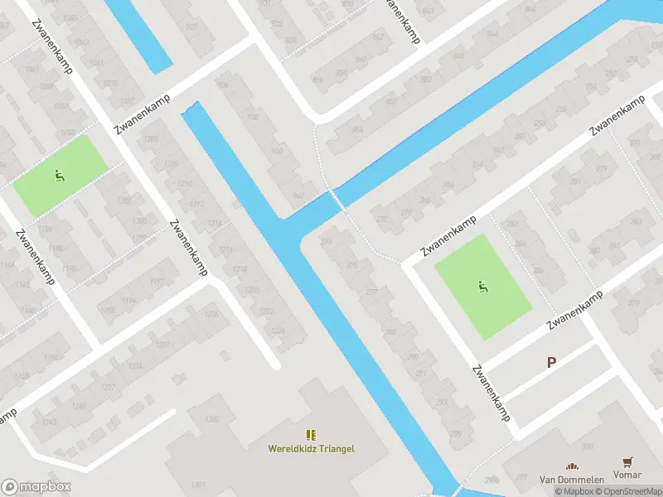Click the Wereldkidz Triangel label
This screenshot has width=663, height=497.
coord(311,449)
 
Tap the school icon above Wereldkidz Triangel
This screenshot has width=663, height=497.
coord(311,435)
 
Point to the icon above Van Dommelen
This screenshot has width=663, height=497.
coord(570,466)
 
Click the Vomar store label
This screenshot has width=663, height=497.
coord(628,476)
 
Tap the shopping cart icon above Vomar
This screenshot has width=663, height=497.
coord(627,463)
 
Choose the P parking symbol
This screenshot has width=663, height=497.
coord(551,362)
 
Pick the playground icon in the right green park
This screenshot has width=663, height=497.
coord(482,287)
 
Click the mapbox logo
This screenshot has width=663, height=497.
coord(36,486)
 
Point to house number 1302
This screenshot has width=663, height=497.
coord(211,420)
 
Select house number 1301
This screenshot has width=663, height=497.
coord(197,484)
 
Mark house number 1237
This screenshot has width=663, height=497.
coord(107,388)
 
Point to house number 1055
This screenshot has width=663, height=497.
coord(68,133)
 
